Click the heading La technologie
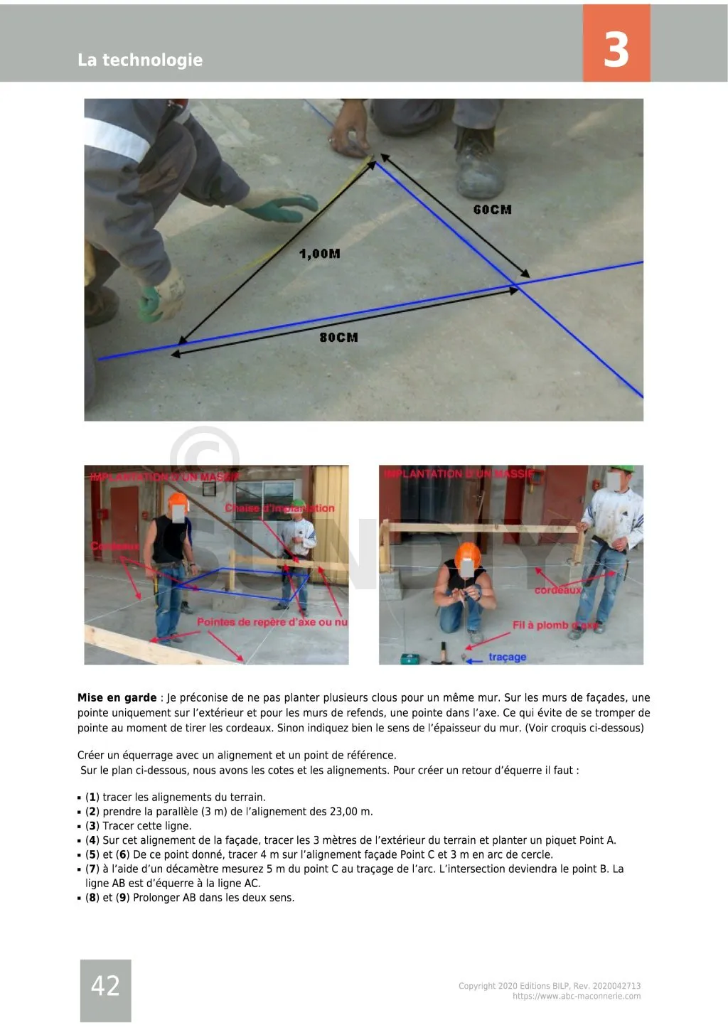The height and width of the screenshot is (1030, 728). tap(140, 60)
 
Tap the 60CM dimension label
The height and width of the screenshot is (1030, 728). tap(492, 210)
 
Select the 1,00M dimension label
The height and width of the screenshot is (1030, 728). tap(319, 254)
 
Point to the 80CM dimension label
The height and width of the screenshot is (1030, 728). tap(338, 337)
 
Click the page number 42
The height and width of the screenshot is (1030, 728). tap(105, 986)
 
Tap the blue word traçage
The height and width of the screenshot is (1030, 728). tap(507, 657)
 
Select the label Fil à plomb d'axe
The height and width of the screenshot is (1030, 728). tap(555, 626)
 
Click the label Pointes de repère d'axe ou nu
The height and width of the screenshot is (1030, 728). tap(272, 622)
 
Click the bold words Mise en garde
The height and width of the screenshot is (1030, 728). tap(117, 698)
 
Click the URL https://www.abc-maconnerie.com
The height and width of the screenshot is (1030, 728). tap(577, 997)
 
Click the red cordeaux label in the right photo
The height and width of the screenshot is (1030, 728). tap(557, 591)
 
